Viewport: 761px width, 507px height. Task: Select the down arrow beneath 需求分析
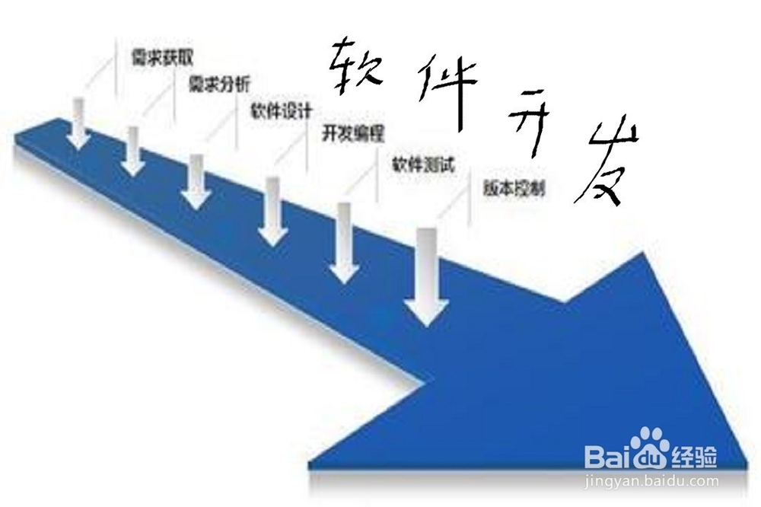133,151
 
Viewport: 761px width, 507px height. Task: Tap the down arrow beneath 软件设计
196,181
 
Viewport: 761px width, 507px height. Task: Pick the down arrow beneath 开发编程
272,211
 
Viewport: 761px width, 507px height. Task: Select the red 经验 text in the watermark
694,457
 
